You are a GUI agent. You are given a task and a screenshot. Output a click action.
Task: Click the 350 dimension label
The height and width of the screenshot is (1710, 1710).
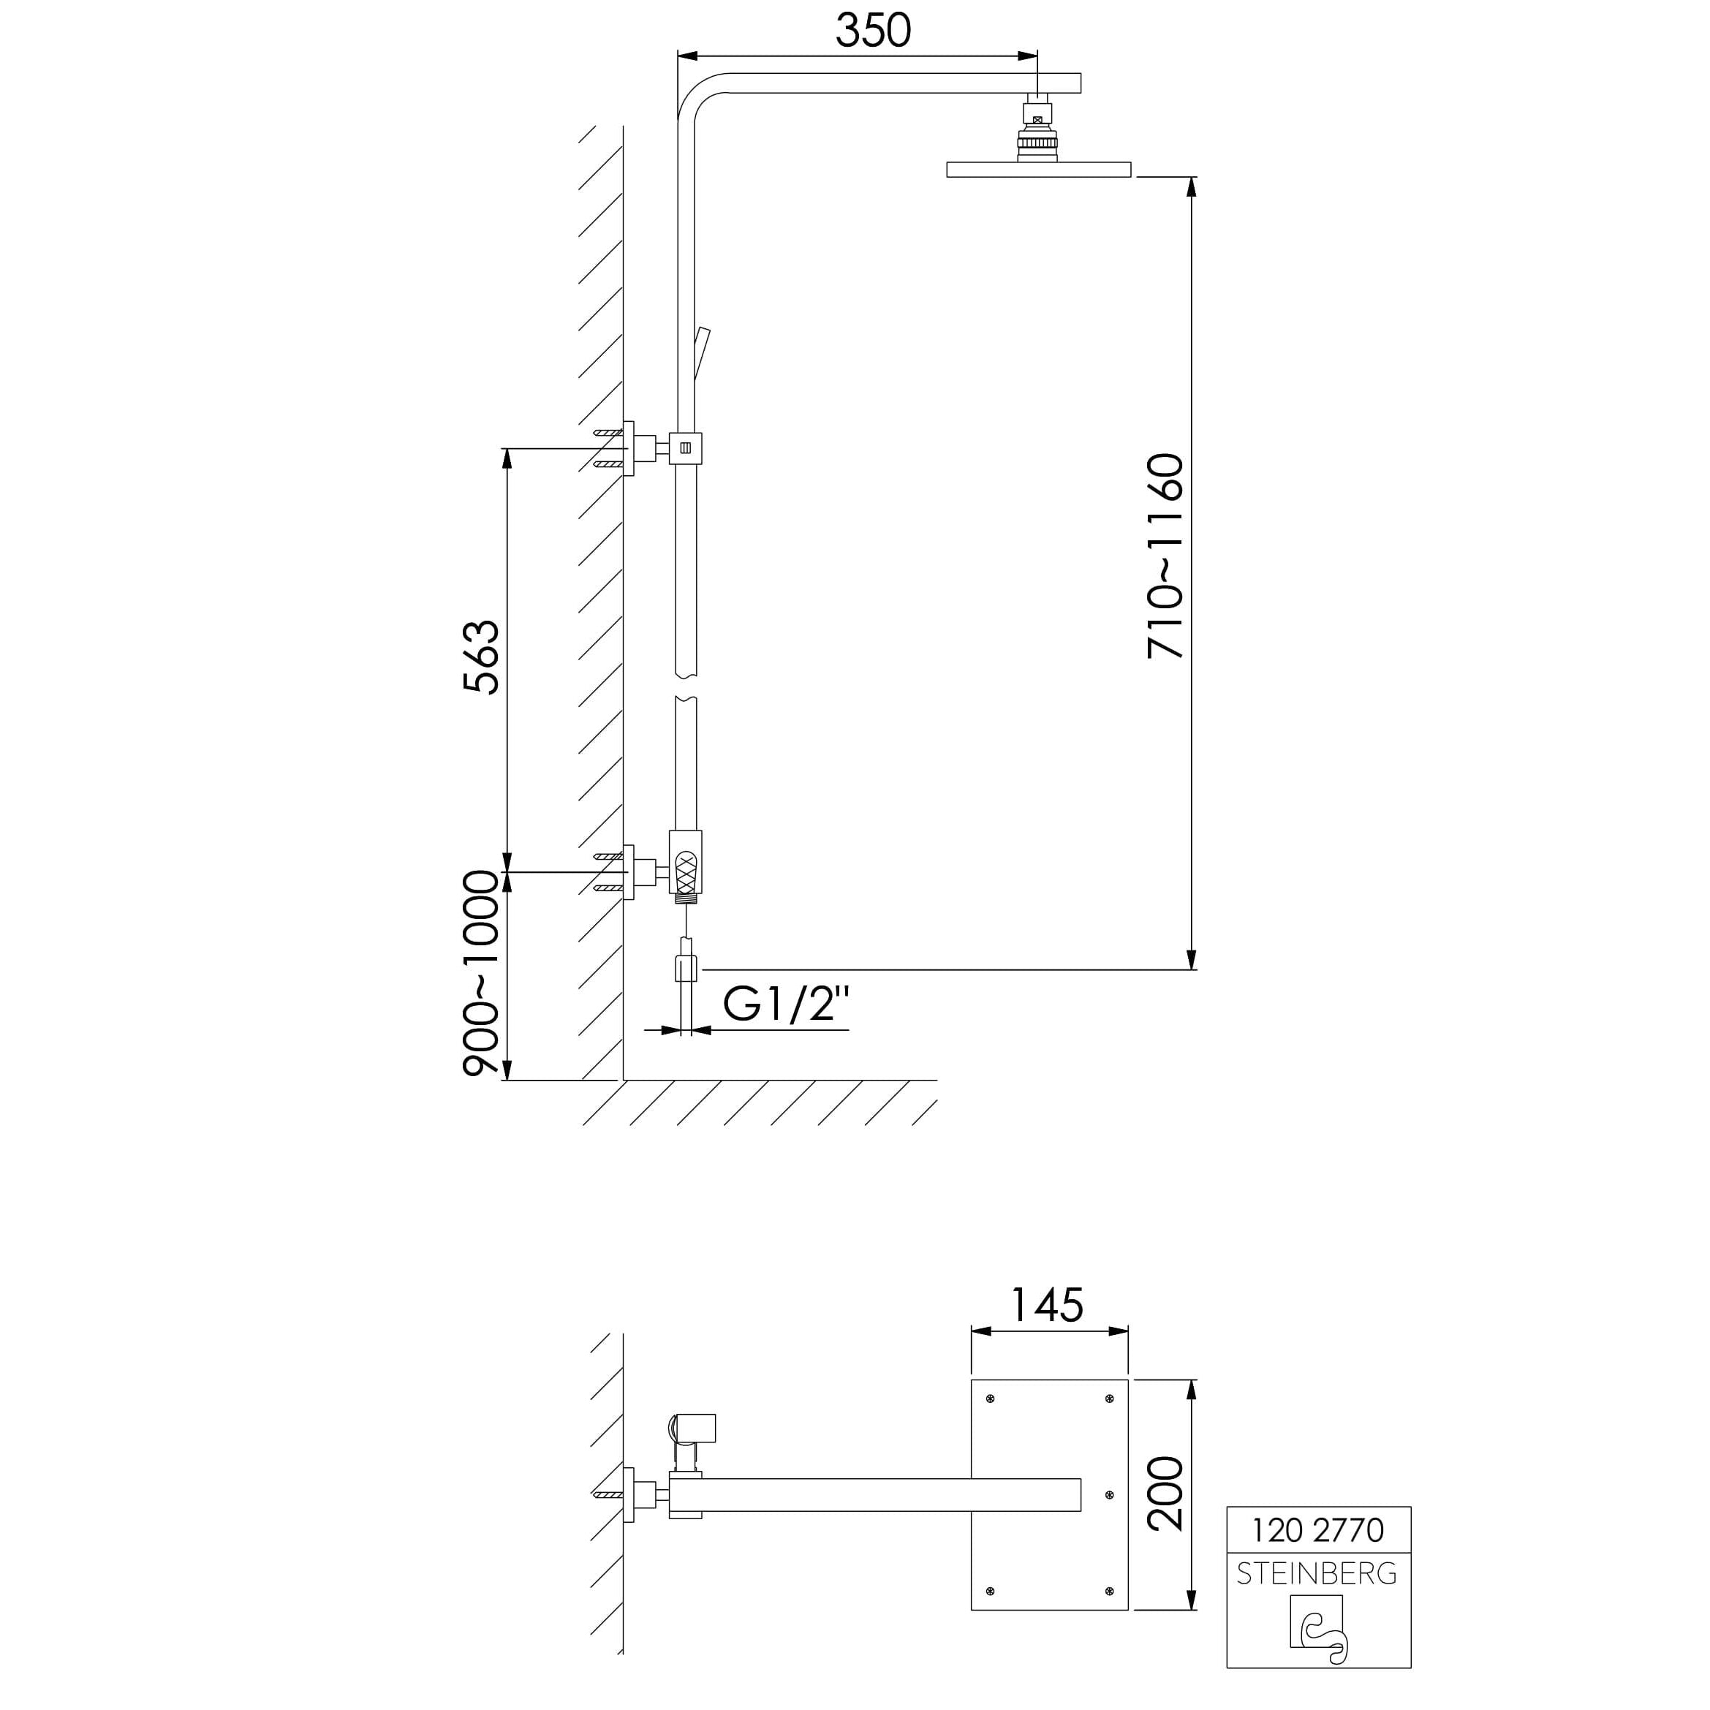[873, 30]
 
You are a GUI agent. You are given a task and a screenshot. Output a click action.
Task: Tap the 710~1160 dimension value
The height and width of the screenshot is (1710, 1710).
[1165, 556]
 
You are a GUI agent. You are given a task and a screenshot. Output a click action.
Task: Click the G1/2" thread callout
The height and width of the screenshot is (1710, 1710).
[786, 1004]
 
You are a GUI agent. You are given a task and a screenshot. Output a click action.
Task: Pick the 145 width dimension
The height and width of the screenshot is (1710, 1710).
[1047, 1305]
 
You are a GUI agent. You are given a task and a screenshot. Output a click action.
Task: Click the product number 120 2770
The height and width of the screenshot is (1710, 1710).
[1318, 1529]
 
